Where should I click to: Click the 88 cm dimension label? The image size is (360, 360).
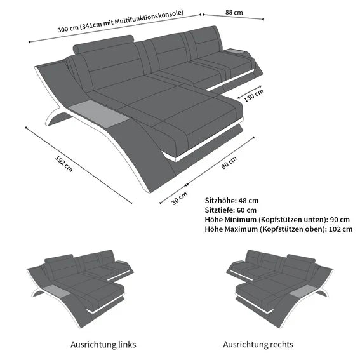pos(234,12)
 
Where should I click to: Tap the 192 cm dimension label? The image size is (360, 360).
pos(64,164)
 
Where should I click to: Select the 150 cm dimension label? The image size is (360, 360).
pos(253,95)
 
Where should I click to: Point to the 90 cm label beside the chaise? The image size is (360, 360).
pos(229,163)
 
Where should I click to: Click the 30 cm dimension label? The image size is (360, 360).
pos(179,198)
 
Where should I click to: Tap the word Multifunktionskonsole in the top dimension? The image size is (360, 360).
pos(149,17)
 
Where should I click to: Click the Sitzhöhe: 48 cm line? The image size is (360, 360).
pos(231,201)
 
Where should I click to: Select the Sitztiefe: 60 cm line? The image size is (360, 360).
pos(230,210)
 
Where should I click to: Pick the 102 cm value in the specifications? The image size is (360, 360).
pos(340,229)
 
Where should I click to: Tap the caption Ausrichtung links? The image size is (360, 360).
pos(103,344)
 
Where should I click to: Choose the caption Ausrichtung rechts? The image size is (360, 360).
pos(258,344)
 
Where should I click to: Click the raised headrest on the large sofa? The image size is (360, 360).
pos(103,44)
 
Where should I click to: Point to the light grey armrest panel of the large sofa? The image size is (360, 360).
pos(98,111)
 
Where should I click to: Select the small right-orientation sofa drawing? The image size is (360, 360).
pos(279,288)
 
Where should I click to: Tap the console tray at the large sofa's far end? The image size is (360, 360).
pos(236,51)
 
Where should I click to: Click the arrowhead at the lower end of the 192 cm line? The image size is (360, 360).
pos(131,203)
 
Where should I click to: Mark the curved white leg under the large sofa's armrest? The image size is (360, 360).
pos(57,117)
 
